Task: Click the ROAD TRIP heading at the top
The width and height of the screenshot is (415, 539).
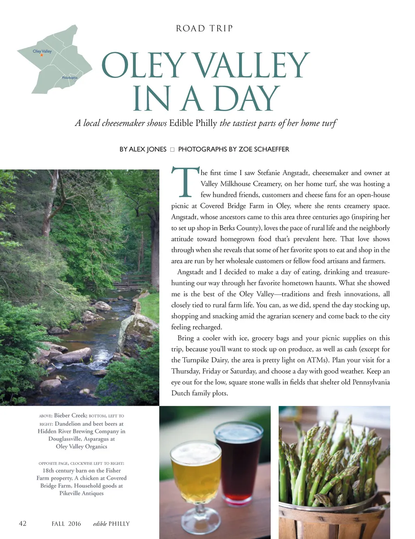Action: pyautogui.click(x=204, y=28)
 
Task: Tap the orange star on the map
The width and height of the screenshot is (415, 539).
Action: pyautogui.click(x=42, y=55)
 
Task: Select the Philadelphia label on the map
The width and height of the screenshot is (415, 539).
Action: pyautogui.click(x=69, y=77)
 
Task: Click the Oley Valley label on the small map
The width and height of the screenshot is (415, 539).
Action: pyautogui.click(x=42, y=51)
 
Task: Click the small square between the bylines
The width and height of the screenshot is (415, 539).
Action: pyautogui.click(x=172, y=150)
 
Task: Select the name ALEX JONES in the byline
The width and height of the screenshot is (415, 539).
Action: pyautogui.click(x=148, y=149)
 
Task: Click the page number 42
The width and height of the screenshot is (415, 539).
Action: pyautogui.click(x=23, y=523)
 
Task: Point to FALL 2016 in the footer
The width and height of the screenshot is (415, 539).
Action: pyautogui.click(x=66, y=524)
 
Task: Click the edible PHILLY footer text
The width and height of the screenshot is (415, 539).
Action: pyautogui.click(x=111, y=524)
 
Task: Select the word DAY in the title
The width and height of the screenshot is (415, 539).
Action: pyautogui.click(x=246, y=99)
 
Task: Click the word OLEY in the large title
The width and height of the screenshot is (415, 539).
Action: pyautogui.click(x=143, y=66)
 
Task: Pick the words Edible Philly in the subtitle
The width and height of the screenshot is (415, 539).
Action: pyautogui.click(x=193, y=123)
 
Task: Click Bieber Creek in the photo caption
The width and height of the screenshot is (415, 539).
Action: pyautogui.click(x=70, y=415)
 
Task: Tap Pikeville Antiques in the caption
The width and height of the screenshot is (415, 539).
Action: pyautogui.click(x=81, y=493)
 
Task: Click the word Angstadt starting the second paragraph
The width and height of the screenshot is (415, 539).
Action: pyautogui.click(x=191, y=272)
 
